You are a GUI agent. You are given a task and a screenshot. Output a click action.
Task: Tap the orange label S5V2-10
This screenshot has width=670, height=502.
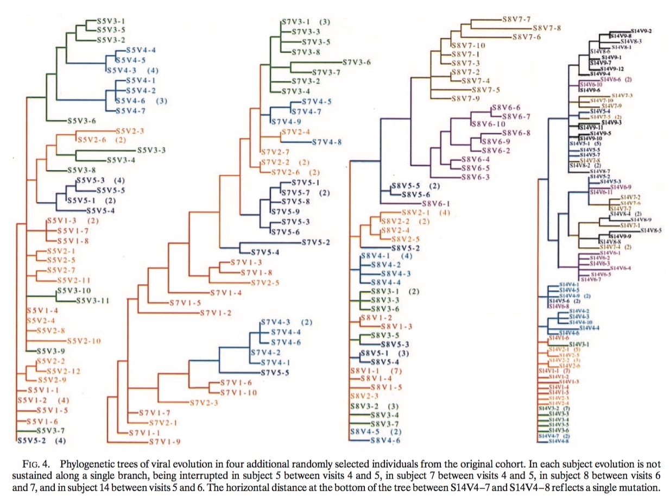84,341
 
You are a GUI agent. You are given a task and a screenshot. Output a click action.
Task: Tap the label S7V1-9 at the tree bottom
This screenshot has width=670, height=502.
169,441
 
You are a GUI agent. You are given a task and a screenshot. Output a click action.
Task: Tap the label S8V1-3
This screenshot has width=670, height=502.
400,326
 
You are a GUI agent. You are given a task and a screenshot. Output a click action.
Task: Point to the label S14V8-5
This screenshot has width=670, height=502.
651,230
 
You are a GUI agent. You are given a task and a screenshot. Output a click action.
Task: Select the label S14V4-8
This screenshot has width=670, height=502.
559,441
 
